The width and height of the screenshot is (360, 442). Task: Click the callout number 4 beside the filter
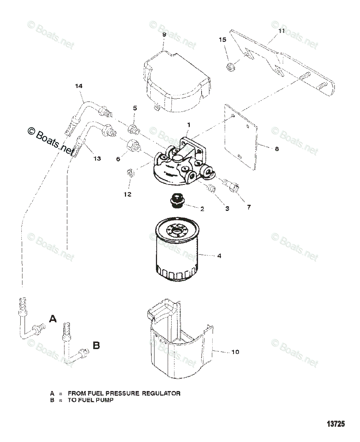click(219, 256)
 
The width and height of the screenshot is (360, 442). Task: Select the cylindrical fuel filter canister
click(176, 254)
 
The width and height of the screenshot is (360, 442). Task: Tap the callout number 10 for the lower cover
click(235, 352)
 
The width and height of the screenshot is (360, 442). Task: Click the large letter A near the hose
click(53, 319)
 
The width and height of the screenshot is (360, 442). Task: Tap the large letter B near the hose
click(96, 345)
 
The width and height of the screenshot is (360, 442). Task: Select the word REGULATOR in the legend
click(163, 393)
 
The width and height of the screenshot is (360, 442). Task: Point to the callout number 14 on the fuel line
click(78, 86)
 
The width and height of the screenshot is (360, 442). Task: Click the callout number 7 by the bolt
click(249, 207)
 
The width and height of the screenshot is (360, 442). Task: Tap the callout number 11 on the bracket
click(282, 31)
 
